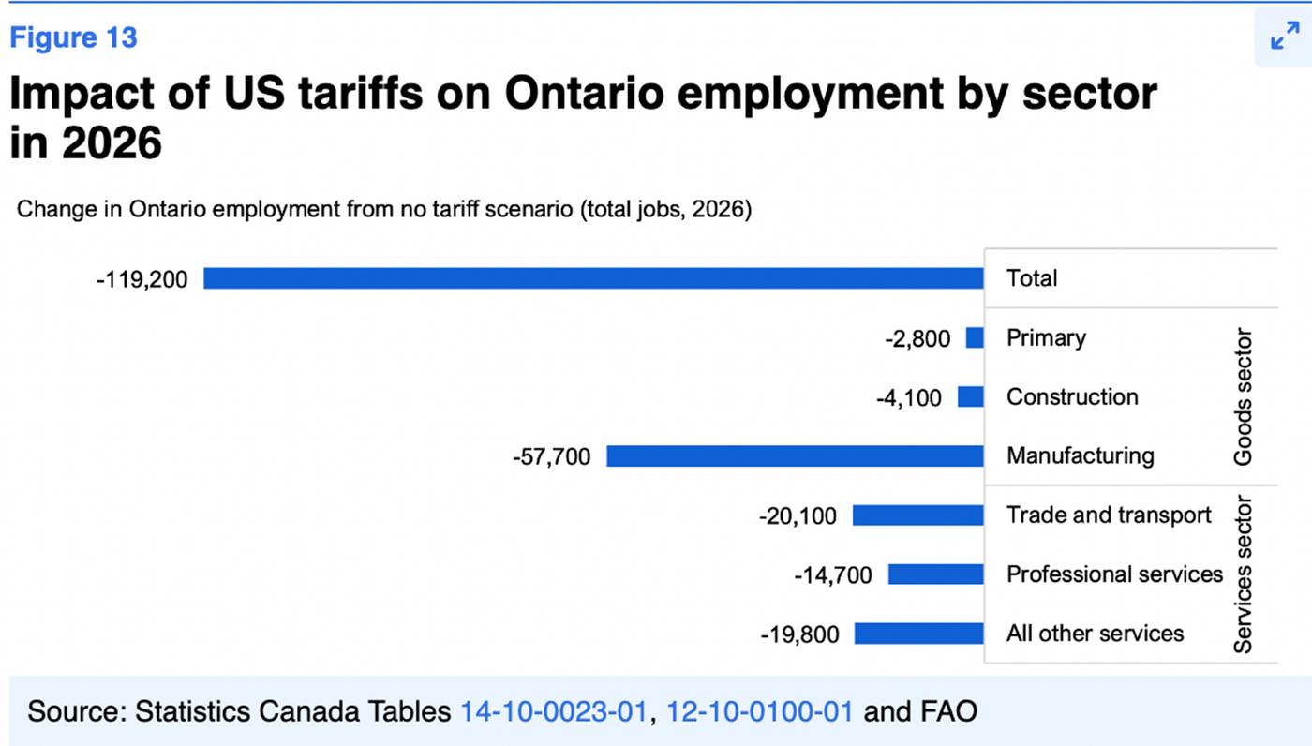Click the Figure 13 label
[x=74, y=37]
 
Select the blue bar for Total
[x=593, y=278]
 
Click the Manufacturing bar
[x=795, y=456]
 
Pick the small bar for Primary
[x=975, y=337]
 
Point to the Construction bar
[x=971, y=397]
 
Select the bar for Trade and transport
[x=917, y=515]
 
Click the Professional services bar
[x=935, y=574]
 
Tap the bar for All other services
[x=918, y=634]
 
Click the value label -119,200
[x=142, y=279]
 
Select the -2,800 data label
[x=917, y=338]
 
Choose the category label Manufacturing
[x=1080, y=456]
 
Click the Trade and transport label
[x=1109, y=515]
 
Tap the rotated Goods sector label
[x=1243, y=396]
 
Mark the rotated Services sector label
[x=1243, y=574]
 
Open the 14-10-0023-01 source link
[x=553, y=711]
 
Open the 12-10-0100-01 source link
[x=759, y=711]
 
